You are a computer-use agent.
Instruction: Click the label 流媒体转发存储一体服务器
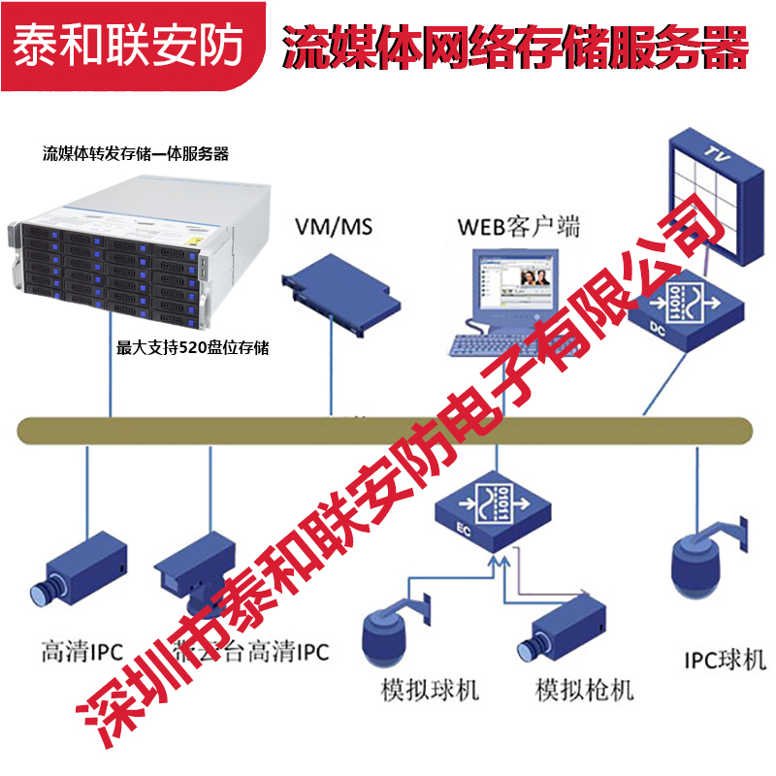coord(136,153)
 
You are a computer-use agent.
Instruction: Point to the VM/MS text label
coord(333,228)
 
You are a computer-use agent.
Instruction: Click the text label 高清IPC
coord(81,652)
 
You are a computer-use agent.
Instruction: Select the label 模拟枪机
coord(585,691)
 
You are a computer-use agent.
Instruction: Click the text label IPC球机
coord(724,661)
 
